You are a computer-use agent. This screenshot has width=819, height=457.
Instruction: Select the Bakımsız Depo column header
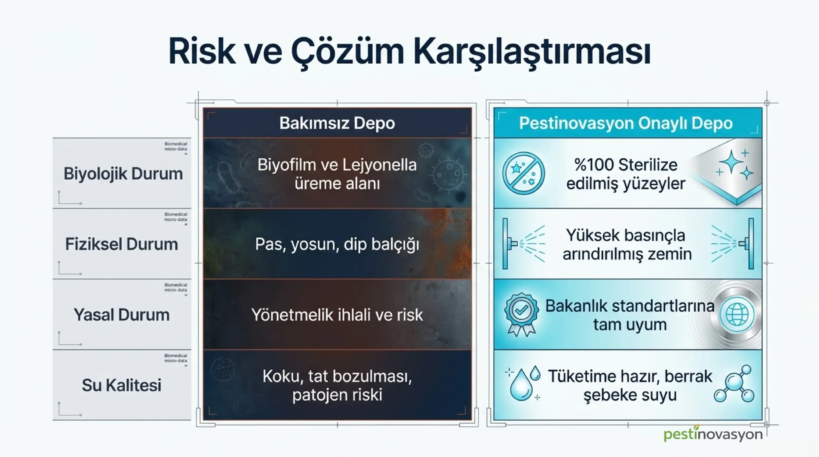(337, 123)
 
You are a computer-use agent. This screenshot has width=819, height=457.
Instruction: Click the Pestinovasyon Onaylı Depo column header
(626, 123)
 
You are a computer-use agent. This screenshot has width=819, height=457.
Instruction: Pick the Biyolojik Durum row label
(123, 174)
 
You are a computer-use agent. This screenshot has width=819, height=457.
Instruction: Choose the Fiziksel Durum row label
(122, 244)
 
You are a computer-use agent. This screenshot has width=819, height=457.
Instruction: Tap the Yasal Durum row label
(122, 315)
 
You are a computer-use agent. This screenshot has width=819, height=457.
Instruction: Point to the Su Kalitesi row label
(122, 385)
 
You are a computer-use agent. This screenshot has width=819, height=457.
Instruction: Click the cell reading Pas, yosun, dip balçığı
(337, 245)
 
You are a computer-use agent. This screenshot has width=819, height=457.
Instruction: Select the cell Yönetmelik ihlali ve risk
(337, 315)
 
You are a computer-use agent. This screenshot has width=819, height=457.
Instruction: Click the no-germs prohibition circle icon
(523, 173)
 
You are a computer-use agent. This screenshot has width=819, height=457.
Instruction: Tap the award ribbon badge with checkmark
(521, 314)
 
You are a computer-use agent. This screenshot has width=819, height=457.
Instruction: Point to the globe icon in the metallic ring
(737, 315)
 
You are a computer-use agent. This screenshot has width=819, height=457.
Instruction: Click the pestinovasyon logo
(713, 434)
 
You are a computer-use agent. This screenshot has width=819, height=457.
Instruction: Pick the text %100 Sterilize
(626, 165)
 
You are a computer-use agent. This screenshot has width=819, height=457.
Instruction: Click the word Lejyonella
(380, 165)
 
